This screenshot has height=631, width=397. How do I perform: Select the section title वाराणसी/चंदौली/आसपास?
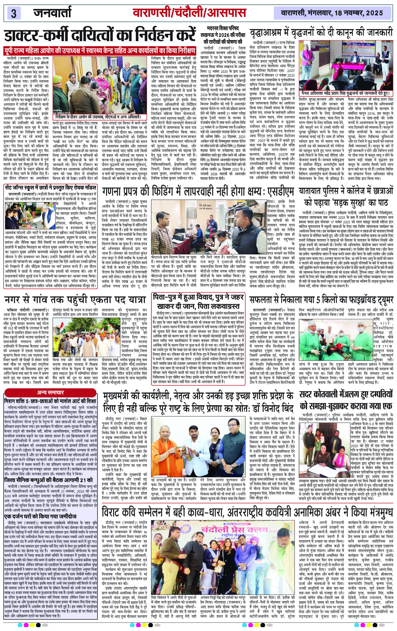[x=189, y=13]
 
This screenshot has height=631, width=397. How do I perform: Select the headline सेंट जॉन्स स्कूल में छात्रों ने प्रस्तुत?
[x=51, y=188]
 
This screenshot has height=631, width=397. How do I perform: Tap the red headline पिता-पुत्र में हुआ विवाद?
[x=198, y=301]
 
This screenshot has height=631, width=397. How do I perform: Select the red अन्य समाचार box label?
[x=50, y=392]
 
